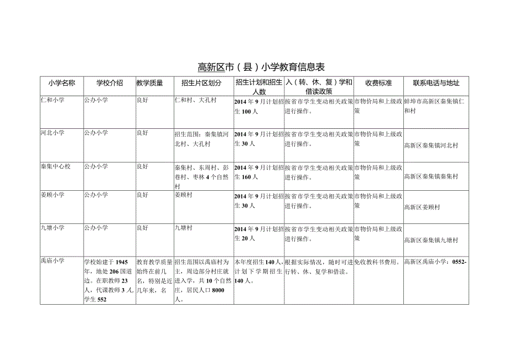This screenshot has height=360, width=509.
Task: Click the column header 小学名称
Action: point(61,83)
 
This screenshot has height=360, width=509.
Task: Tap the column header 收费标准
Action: point(378,83)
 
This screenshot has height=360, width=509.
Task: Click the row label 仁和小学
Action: point(53,101)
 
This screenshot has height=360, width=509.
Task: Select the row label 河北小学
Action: point(53,133)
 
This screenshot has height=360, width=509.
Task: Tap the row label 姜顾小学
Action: point(53,195)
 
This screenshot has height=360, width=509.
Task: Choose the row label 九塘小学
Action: point(53,228)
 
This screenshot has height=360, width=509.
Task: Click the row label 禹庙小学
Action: point(53,261)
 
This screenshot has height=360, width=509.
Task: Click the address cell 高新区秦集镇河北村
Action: point(431,145)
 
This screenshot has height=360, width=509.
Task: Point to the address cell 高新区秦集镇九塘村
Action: point(431,241)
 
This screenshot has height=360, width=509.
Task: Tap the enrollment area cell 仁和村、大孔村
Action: point(195,101)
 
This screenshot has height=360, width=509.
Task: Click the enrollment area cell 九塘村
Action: point(183,228)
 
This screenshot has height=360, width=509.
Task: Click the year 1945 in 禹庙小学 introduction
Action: point(122,262)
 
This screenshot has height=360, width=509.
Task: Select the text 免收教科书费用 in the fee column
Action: point(376,262)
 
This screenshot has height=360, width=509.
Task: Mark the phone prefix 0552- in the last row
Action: point(460,262)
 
